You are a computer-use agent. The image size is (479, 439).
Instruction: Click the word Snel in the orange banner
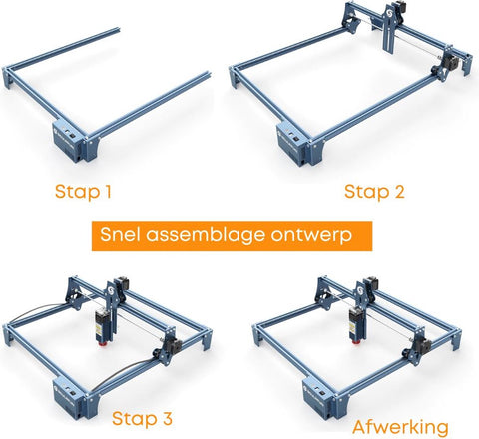click(122, 235)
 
